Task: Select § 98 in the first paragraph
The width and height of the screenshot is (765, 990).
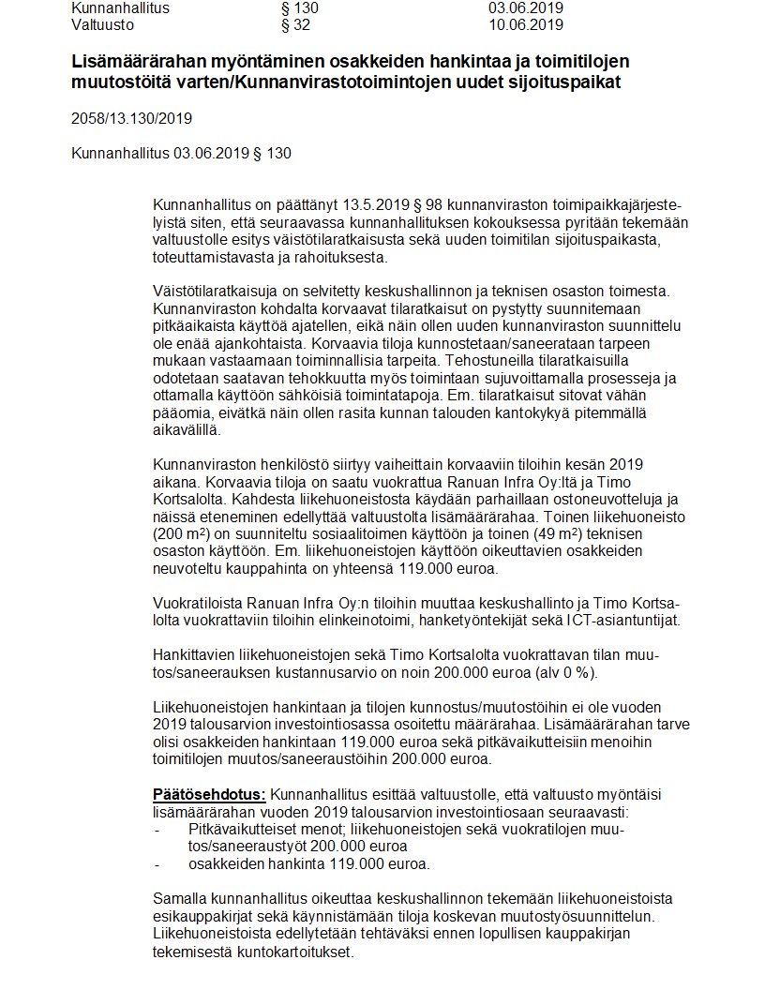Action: pyautogui.click(x=424, y=203)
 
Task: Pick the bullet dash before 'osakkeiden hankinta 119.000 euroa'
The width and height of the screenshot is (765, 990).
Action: pyautogui.click(x=157, y=863)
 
